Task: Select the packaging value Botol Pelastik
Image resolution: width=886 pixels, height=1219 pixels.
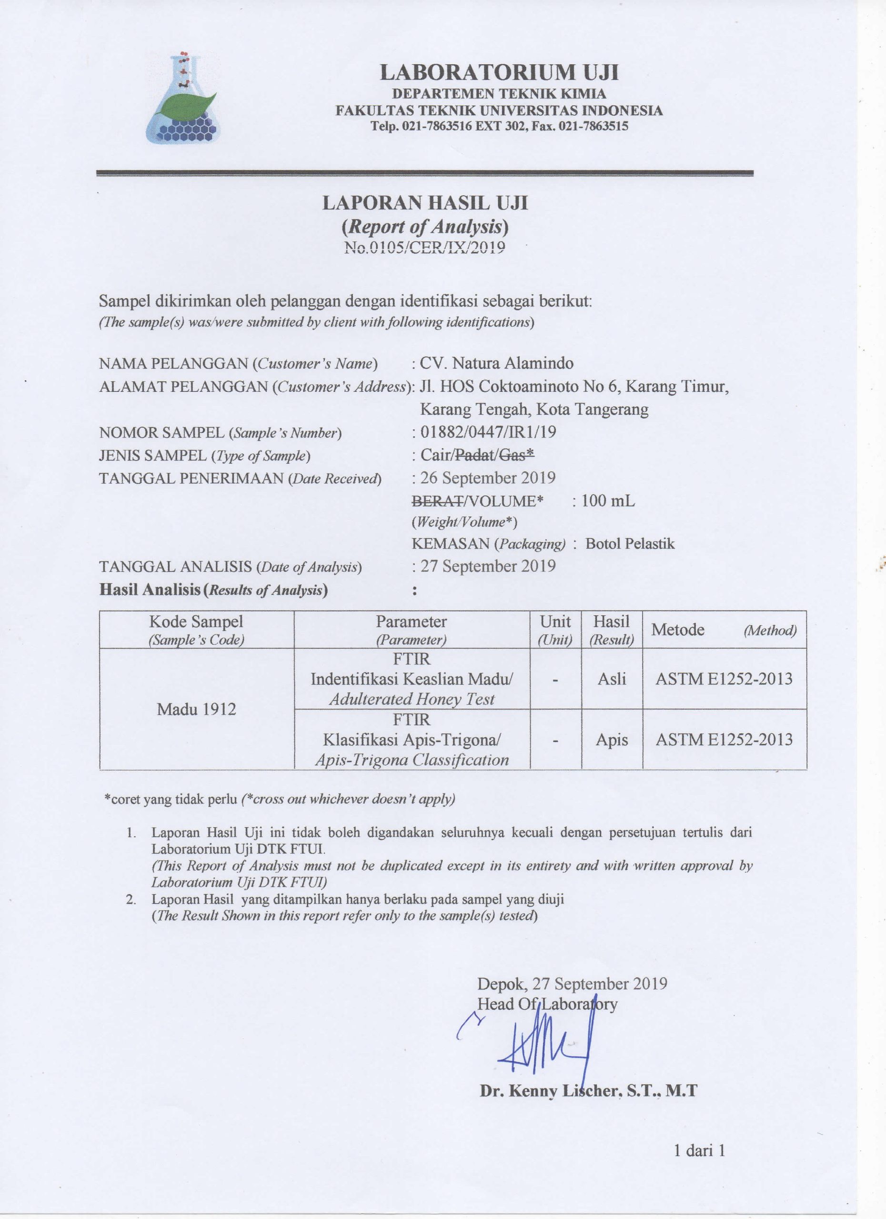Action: click(x=630, y=544)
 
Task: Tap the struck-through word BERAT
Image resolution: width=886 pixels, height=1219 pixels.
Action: click(x=438, y=501)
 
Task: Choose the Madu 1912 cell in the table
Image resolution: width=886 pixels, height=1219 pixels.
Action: click(x=196, y=709)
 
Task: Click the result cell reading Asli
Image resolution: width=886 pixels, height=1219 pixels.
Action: click(x=612, y=679)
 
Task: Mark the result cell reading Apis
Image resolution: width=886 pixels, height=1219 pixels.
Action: click(x=612, y=739)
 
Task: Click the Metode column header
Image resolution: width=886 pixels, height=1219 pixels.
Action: click(x=678, y=629)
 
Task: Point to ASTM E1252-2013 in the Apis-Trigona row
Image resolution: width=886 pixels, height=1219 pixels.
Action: click(x=724, y=739)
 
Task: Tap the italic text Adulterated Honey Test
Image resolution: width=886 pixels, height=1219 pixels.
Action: click(x=412, y=699)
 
